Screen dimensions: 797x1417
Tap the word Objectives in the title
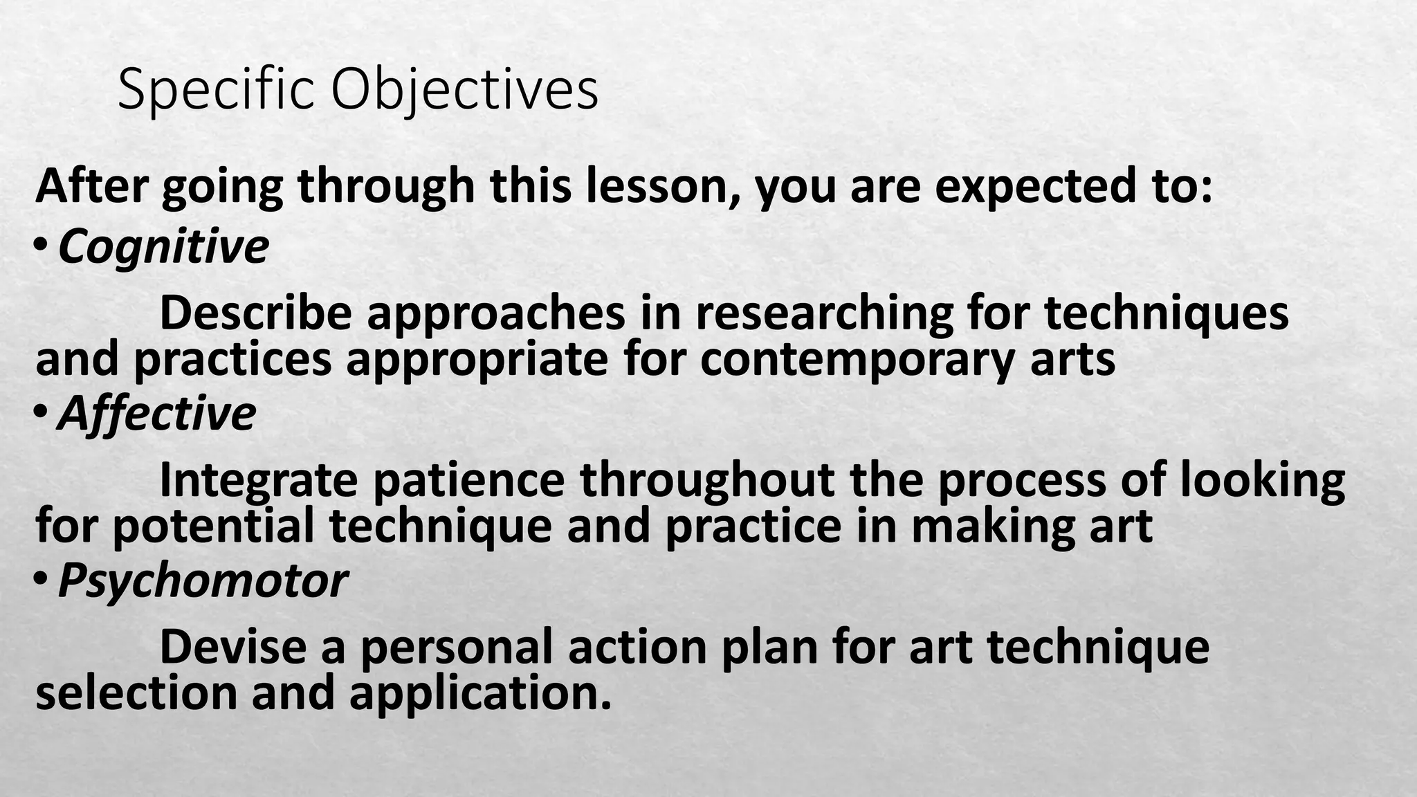465,91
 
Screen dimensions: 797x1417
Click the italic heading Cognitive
163,246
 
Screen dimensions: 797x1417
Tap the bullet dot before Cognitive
42,244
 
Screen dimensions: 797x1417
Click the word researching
824,313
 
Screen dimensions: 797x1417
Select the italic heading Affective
157,413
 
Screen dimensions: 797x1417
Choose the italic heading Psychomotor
203,580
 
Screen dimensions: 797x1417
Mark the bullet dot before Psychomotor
42,578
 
